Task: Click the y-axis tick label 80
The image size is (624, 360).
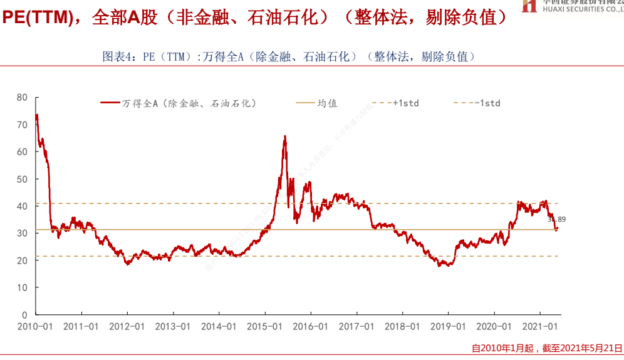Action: pyautogui.click(x=23, y=97)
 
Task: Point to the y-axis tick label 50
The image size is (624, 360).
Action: pyautogui.click(x=23, y=179)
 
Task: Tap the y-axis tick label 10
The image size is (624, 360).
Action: pyautogui.click(x=23, y=287)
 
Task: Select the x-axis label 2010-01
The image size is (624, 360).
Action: pyautogui.click(x=35, y=327)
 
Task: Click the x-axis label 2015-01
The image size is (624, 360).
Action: pyautogui.click(x=264, y=327)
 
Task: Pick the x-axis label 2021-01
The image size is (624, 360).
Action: pyautogui.click(x=540, y=327)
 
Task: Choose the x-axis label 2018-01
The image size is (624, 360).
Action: pyautogui.click(x=402, y=327)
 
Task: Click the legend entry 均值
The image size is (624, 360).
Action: pyautogui.click(x=327, y=103)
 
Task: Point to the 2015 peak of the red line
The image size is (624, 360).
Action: pyautogui.click(x=285, y=136)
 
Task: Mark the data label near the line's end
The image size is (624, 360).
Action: pyautogui.click(x=556, y=219)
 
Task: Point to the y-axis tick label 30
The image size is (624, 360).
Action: pyautogui.click(x=23, y=233)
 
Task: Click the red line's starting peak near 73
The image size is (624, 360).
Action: pyautogui.click(x=37, y=115)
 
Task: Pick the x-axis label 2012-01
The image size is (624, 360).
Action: pyautogui.click(x=127, y=327)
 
